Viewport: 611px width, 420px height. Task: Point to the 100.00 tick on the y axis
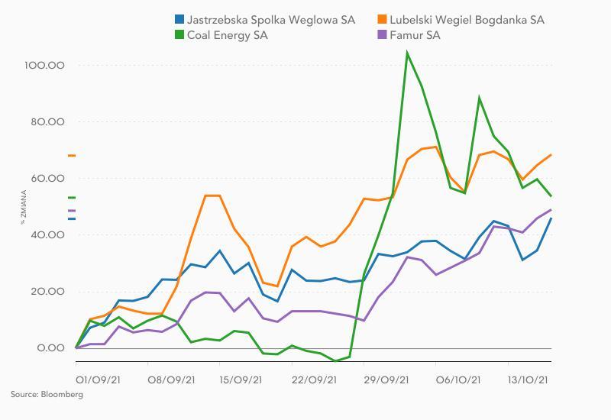pos(44,66)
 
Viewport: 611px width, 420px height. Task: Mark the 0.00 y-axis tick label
pos(49,348)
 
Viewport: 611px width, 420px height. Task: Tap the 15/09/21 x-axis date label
pos(241,380)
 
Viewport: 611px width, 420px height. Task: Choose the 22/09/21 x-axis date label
pos(313,380)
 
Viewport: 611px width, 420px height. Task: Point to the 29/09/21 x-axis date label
pos(386,380)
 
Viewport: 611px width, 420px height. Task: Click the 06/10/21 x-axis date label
pos(458,380)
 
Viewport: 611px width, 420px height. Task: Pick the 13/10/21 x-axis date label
pos(530,380)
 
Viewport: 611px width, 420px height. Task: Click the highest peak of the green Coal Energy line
pos(407,53)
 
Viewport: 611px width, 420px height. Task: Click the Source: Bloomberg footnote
pos(47,395)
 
